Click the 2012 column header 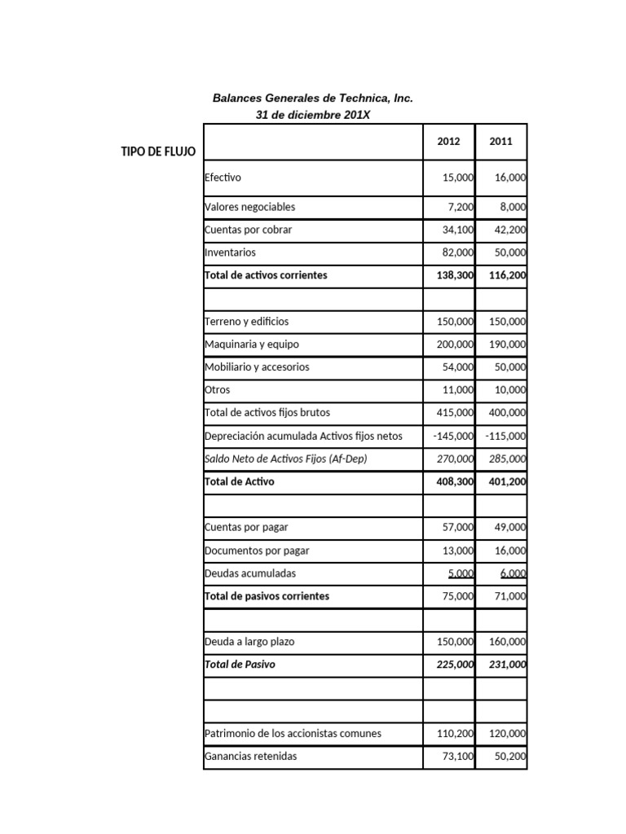point(448,141)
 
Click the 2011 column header point(500,141)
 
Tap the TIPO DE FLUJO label point(158,152)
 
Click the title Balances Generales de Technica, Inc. point(313,98)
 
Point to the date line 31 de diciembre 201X point(313,115)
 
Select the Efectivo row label point(223,178)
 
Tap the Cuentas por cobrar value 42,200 point(509,230)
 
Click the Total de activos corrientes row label point(266,275)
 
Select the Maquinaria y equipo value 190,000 point(507,345)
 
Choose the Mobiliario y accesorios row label point(257,367)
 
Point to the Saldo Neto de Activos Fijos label point(286,459)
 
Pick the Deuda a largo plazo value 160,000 point(507,642)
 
